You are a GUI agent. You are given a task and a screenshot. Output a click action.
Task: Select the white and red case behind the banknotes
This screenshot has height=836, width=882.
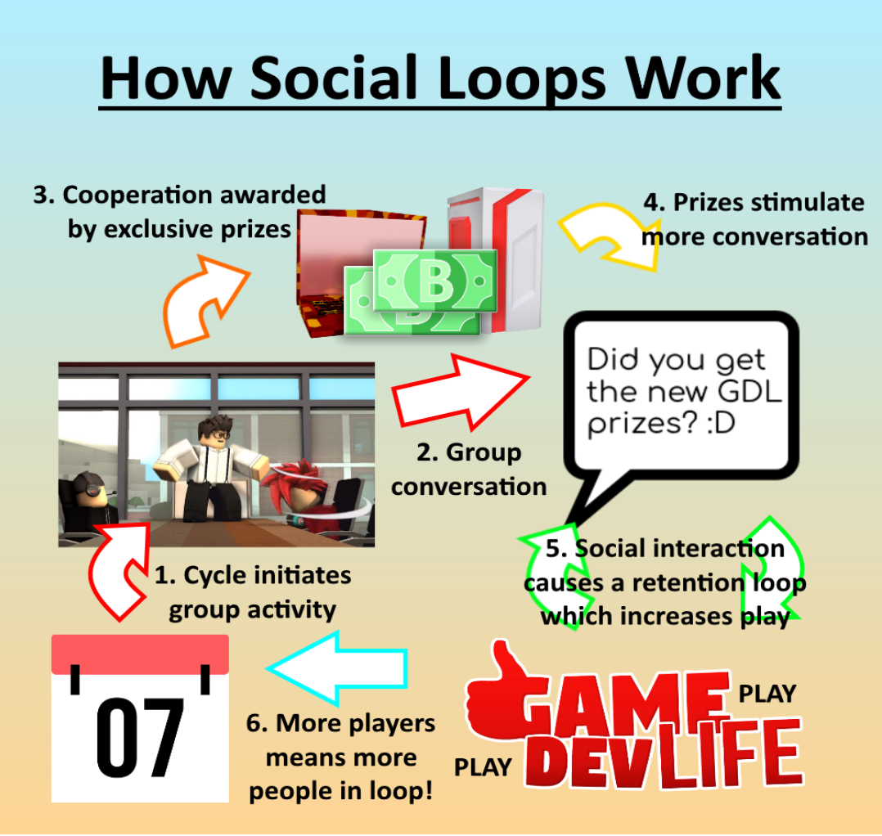point(499,245)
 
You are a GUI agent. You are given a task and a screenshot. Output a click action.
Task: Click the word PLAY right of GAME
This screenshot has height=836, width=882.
point(767,694)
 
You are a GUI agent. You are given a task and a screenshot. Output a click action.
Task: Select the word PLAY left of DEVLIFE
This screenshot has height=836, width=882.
point(483,767)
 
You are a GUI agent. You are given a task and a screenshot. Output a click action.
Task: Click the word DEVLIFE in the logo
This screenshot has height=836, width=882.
point(663,759)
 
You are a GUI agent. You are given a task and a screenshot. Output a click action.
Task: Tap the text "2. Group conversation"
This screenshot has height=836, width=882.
point(468,470)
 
